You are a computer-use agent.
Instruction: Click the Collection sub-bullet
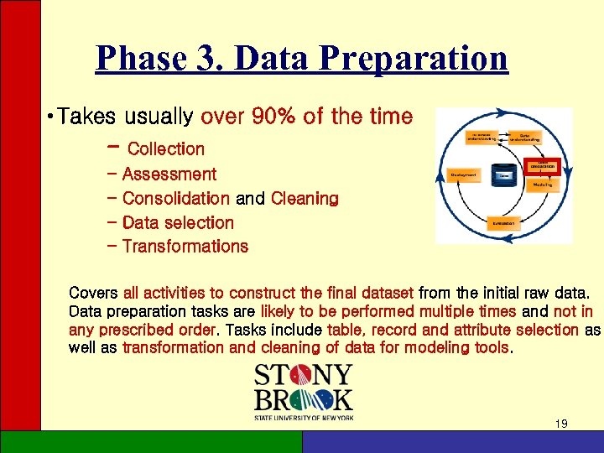[165, 149]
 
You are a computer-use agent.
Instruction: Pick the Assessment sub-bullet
[169, 174]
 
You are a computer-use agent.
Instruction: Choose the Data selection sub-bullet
[178, 223]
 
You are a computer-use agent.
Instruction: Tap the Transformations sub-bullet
[185, 247]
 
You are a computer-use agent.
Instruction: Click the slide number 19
[561, 424]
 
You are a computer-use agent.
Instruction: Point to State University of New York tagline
[304, 416]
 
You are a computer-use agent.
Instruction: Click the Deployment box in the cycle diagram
[462, 174]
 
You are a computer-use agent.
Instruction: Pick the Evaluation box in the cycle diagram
[503, 223]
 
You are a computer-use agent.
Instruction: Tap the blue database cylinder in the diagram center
[503, 174]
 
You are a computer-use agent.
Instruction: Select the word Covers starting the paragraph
[93, 293]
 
